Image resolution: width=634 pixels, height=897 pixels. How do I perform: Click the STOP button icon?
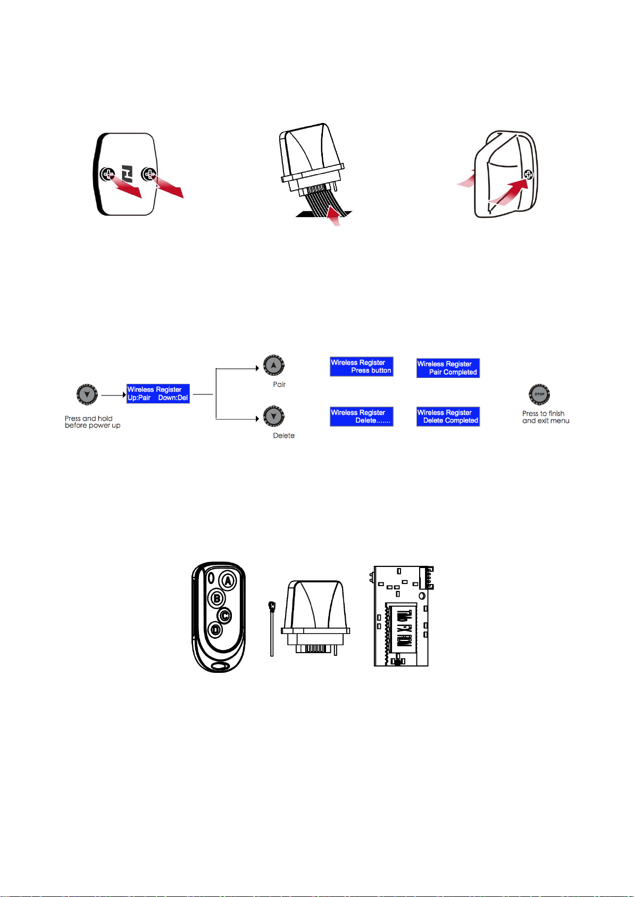point(539,394)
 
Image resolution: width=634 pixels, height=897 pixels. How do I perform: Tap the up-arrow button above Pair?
point(273,365)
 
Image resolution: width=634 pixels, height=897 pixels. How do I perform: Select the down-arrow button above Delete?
point(273,416)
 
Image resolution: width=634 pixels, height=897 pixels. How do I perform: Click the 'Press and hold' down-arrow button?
point(87,394)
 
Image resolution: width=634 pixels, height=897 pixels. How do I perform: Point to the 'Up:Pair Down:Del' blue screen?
point(158,393)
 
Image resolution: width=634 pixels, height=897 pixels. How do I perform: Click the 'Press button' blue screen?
point(361,366)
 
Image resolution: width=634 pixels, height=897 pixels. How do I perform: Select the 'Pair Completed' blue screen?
point(448,368)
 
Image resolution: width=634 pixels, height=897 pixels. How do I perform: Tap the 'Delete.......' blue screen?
point(361,416)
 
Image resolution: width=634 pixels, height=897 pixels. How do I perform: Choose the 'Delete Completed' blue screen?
point(448,416)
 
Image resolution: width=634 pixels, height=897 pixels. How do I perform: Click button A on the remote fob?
point(228,581)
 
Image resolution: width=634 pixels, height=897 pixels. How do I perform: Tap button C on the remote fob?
point(225,615)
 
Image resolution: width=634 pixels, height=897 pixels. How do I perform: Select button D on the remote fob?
point(215,630)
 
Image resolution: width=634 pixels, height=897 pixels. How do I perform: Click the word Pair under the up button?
point(279,384)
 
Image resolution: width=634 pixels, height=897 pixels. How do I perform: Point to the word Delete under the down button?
point(283,435)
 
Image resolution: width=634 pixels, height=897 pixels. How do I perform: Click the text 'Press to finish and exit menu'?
point(546,417)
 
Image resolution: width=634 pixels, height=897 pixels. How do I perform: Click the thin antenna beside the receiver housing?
point(272,629)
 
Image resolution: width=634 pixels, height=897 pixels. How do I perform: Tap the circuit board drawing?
point(402,616)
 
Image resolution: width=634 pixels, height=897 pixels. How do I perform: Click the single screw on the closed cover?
point(528,175)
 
